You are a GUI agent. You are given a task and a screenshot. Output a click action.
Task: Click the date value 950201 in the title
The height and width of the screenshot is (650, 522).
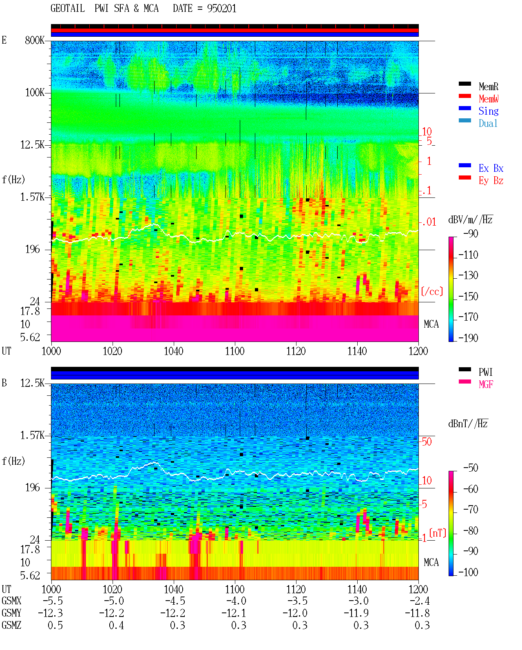click(221, 9)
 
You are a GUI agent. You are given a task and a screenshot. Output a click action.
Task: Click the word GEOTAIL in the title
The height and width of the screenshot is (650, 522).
click(68, 9)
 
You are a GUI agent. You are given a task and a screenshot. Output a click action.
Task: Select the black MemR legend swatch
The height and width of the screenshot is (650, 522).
click(464, 84)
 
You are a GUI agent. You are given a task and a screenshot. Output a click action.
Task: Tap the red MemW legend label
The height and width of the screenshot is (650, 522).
click(489, 99)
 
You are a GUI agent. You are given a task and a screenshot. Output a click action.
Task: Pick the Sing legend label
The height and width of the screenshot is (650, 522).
click(489, 111)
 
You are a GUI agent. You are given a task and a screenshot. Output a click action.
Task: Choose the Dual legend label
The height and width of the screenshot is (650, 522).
click(488, 123)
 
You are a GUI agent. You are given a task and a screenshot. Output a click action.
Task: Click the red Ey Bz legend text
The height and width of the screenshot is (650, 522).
click(491, 181)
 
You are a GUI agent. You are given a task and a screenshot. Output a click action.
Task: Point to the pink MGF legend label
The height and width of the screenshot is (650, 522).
click(486, 384)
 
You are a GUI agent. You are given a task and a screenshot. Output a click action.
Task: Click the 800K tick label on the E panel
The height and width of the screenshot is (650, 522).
click(35, 40)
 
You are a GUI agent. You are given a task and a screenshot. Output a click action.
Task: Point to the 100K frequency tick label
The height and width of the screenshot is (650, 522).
click(35, 93)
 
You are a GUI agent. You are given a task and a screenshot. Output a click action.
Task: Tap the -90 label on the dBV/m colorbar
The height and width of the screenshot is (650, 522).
click(471, 233)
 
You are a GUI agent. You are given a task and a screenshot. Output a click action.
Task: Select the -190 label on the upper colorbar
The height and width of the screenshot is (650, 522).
click(468, 338)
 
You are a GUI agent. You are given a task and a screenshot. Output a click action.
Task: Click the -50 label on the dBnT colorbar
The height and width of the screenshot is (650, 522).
click(471, 468)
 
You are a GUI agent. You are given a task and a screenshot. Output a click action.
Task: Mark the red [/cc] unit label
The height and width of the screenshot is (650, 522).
click(432, 291)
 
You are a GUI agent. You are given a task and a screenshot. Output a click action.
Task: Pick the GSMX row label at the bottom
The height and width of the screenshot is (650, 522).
click(11, 601)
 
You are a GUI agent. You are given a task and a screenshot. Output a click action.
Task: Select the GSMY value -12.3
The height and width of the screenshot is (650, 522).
click(51, 613)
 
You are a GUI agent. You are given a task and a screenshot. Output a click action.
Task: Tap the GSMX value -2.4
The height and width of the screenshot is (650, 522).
click(420, 601)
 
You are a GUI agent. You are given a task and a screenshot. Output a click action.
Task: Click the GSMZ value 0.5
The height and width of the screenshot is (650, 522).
click(55, 625)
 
